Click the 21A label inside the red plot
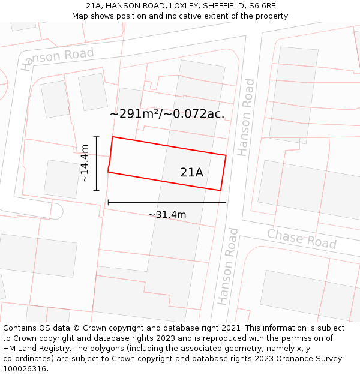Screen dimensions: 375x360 (191, 172)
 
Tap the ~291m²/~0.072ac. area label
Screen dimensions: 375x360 (167, 114)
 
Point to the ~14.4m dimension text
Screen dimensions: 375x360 (85, 163)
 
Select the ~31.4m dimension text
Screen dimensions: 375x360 (167, 214)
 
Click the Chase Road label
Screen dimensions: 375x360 (302, 239)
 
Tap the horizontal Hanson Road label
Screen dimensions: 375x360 (58, 58)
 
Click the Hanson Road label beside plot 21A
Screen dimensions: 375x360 (246, 117)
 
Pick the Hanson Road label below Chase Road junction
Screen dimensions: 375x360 (225, 266)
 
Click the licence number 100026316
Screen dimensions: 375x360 (25, 369)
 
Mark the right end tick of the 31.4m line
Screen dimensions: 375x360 (226, 202)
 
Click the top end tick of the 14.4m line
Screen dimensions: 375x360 (96, 137)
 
